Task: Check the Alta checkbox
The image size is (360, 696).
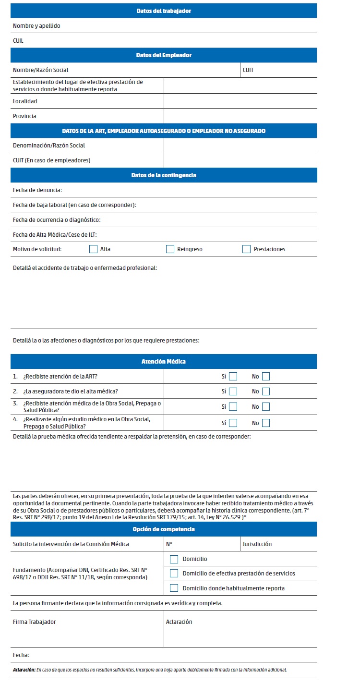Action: pyautogui.click(x=93, y=249)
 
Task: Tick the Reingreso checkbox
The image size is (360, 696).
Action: pyautogui.click(x=170, y=249)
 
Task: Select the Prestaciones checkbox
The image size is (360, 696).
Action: pyautogui.click(x=246, y=249)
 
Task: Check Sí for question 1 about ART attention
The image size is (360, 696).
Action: pyautogui.click(x=233, y=377)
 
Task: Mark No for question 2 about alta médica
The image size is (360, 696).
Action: pyautogui.click(x=265, y=391)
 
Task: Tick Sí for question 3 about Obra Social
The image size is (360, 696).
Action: pyautogui.click(x=233, y=407)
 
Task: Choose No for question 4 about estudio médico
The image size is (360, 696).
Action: pyautogui.click(x=265, y=423)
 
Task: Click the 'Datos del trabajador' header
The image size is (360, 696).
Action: pyautogui.click(x=164, y=11)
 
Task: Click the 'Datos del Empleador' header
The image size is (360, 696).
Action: pyautogui.click(x=164, y=55)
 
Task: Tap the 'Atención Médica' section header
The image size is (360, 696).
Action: pyautogui.click(x=164, y=362)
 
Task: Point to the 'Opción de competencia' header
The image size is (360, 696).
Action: pyautogui.click(x=164, y=529)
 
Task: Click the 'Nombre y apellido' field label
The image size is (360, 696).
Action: pyautogui.click(x=36, y=26)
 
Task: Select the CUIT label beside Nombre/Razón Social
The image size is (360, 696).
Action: pyautogui.click(x=248, y=70)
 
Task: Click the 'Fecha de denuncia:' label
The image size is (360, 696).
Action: pyautogui.click(x=37, y=190)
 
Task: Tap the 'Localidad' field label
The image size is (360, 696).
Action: pyautogui.click(x=25, y=101)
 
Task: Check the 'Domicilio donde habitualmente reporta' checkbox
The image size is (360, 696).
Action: pyautogui.click(x=174, y=588)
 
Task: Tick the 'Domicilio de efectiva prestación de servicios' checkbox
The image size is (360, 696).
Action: pyautogui.click(x=174, y=574)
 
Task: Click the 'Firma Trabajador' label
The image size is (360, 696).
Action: pyautogui.click(x=35, y=622)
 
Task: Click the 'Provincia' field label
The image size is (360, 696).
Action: pyautogui.click(x=24, y=116)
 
